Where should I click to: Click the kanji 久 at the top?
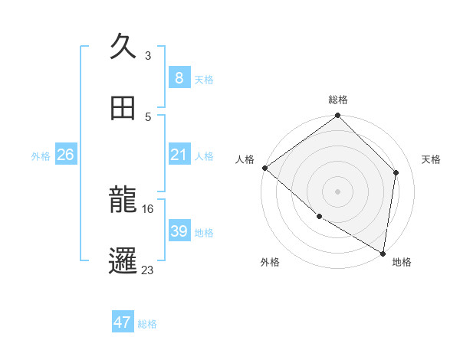(x=123, y=48)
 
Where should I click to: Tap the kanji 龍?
(x=123, y=201)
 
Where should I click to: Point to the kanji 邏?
(x=123, y=261)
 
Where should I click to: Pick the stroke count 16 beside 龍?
(x=149, y=208)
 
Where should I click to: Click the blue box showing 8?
(x=179, y=78)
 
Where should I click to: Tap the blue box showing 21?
(x=179, y=155)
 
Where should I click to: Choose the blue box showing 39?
(x=179, y=231)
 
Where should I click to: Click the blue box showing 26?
(x=65, y=155)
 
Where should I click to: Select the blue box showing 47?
(x=123, y=322)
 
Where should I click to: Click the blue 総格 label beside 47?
(x=147, y=324)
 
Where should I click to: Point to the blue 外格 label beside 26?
(x=41, y=156)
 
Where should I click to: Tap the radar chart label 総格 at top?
(x=338, y=100)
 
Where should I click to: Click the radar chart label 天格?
(x=432, y=159)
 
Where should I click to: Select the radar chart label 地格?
(x=402, y=262)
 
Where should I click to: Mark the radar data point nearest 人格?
(x=264, y=168)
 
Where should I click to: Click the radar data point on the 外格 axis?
(x=319, y=216)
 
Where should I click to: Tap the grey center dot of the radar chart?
(x=337, y=191)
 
